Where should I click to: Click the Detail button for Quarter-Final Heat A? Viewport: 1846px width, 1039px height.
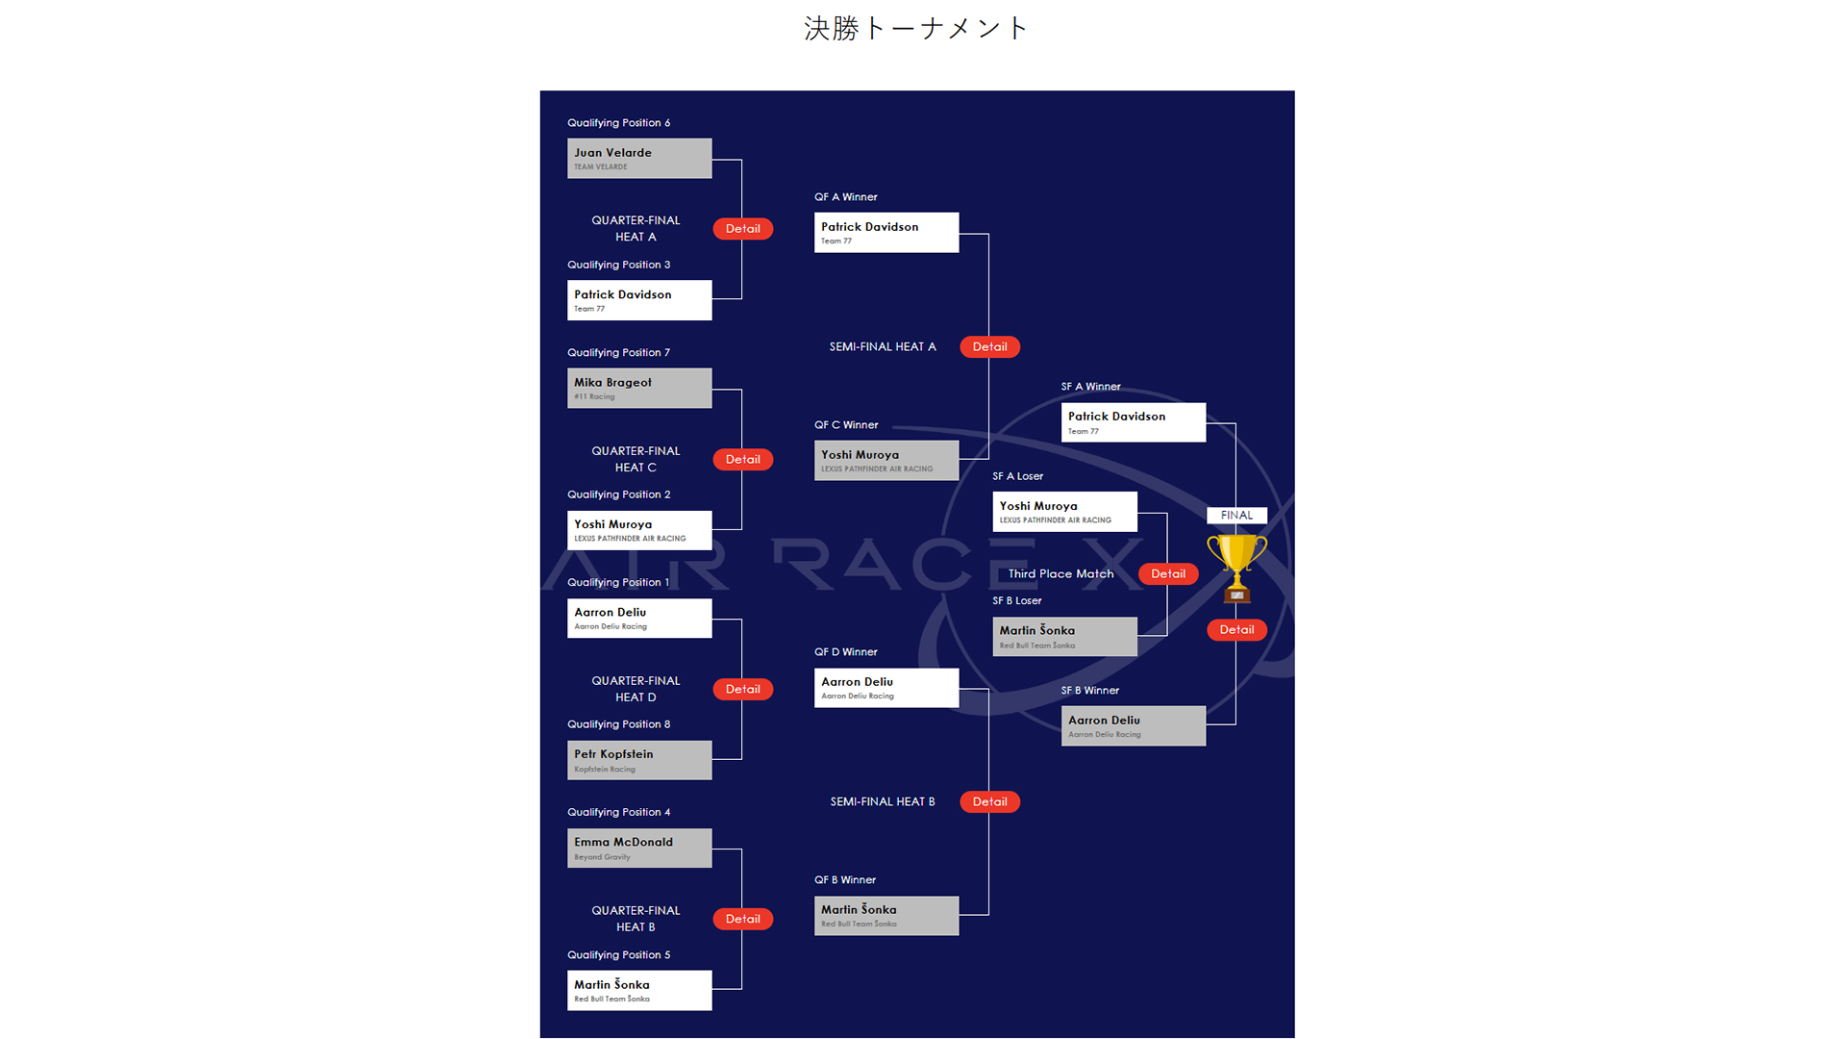point(742,229)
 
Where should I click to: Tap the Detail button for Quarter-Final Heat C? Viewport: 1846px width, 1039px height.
point(742,460)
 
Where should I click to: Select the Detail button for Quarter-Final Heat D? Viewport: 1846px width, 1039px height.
point(742,690)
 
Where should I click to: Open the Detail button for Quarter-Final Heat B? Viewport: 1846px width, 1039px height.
point(742,920)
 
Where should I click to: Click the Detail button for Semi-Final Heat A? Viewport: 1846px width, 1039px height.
point(989,347)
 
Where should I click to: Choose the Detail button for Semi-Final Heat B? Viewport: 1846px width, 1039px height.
point(989,802)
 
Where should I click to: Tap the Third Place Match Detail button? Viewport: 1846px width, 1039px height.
point(1168,574)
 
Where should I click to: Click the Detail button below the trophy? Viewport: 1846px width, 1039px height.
point(1236,630)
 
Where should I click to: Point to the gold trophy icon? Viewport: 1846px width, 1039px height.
point(1236,568)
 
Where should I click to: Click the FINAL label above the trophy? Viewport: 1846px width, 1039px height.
point(1236,516)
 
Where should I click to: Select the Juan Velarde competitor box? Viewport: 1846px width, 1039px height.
point(639,159)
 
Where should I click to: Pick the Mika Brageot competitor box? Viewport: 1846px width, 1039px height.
point(639,389)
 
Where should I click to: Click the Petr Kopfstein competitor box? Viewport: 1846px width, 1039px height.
point(639,760)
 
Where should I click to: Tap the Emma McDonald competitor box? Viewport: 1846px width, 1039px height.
point(639,849)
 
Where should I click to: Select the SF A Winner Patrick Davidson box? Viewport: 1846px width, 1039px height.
point(1133,422)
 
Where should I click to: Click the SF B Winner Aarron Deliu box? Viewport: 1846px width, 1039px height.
point(1133,726)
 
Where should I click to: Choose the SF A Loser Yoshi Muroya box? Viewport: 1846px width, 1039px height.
point(1064,512)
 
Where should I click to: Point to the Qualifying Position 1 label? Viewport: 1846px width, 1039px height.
point(618,583)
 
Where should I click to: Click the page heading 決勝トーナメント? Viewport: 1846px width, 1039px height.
point(916,29)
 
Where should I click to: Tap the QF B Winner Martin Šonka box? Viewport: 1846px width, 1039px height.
point(886,916)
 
